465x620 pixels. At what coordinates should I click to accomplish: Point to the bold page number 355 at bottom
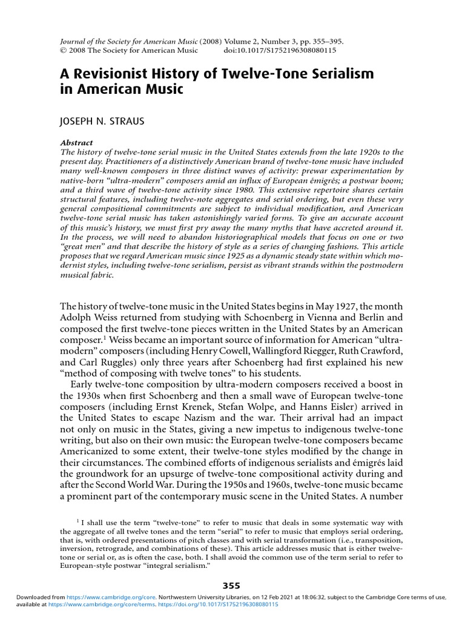click(x=232, y=585)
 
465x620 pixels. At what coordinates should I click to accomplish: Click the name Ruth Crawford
click(x=371, y=349)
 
